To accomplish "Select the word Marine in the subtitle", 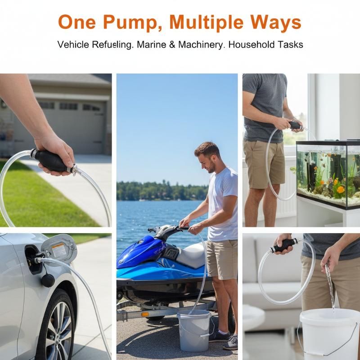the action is click(x=152, y=45).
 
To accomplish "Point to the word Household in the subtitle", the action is click(x=249, y=45).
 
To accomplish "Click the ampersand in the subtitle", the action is click(x=172, y=45).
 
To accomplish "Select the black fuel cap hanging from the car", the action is click(x=48, y=280).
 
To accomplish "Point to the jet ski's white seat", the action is click(x=192, y=255).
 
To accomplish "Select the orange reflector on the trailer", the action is click(x=145, y=314).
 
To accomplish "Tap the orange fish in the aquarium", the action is click(x=340, y=189).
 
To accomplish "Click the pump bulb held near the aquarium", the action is click(x=295, y=126).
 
